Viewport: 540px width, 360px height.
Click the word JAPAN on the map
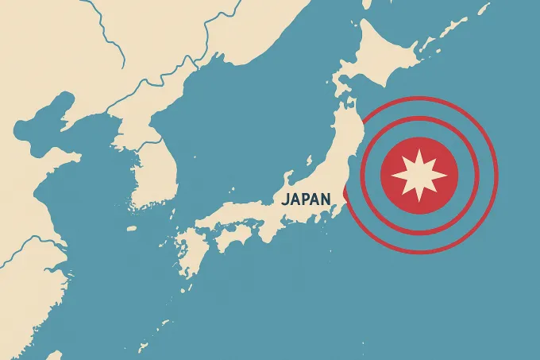(x=306, y=199)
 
